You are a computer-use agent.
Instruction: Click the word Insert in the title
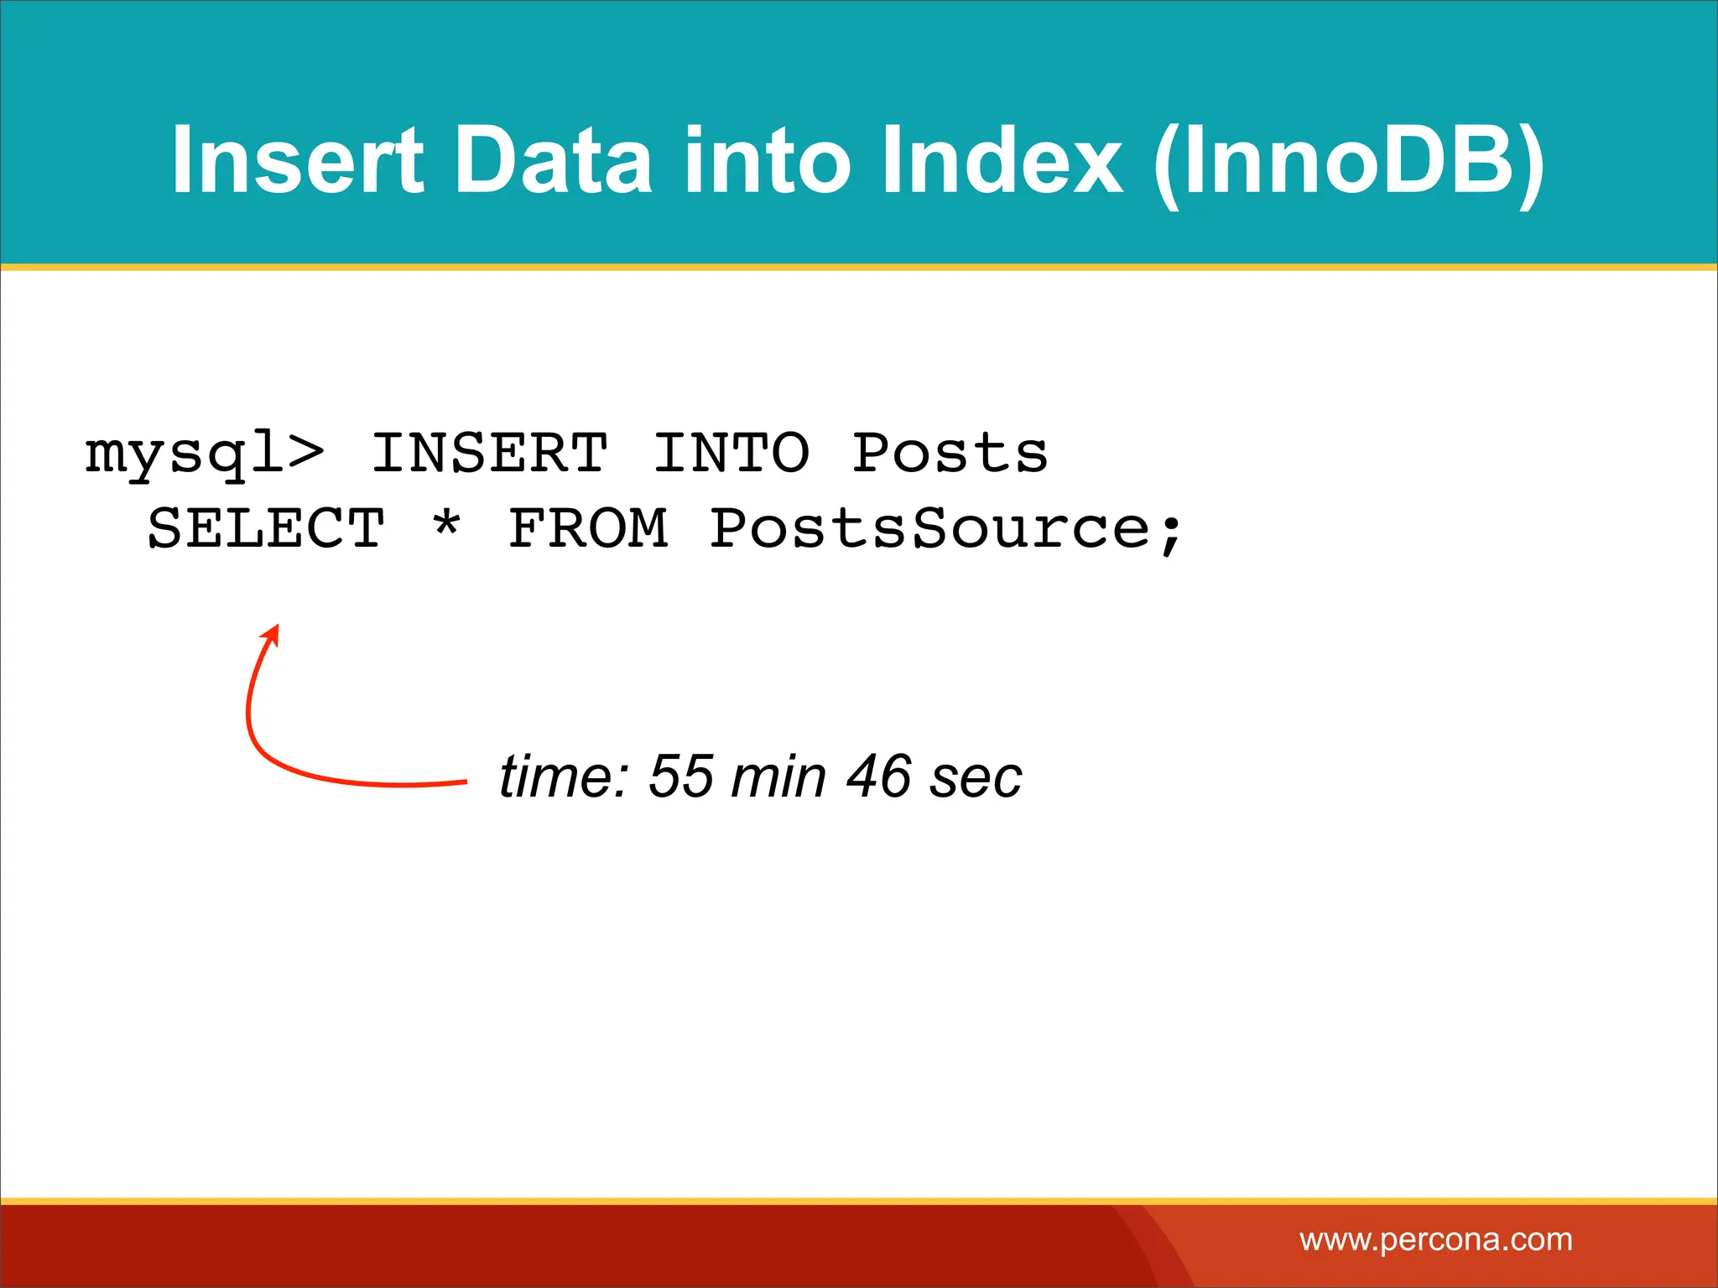(x=297, y=159)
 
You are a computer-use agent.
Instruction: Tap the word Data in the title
(x=553, y=159)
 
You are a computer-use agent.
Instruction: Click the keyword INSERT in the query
(x=490, y=453)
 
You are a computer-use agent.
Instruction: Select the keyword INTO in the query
(x=731, y=453)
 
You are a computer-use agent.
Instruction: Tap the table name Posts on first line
(x=950, y=453)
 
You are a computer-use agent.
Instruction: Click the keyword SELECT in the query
(x=266, y=528)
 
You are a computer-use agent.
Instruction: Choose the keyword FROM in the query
(x=589, y=528)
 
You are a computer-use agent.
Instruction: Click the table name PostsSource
(x=929, y=528)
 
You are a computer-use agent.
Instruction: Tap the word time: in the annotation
(x=564, y=776)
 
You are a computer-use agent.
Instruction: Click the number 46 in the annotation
(x=878, y=776)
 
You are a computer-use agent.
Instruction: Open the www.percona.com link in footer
(x=1435, y=1239)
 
